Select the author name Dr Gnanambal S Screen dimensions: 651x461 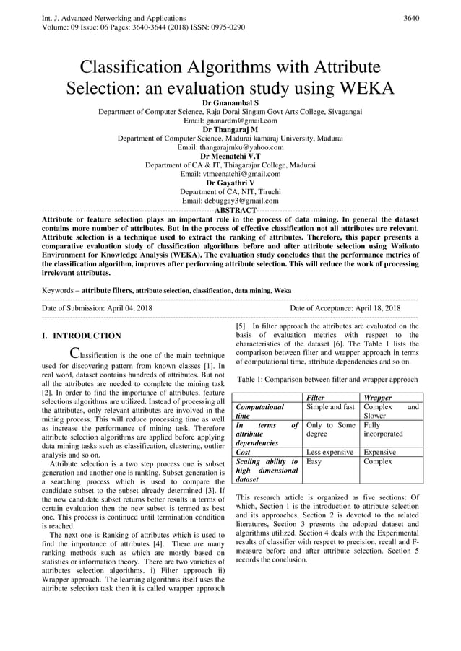(x=230, y=104)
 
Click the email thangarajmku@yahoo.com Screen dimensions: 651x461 (x=230, y=147)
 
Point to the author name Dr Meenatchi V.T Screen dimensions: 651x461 (x=230, y=156)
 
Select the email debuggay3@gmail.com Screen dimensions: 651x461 (x=230, y=201)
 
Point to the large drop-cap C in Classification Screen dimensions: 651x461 (x=74, y=353)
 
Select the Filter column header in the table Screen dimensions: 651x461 (x=316, y=398)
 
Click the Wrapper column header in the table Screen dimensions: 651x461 (x=378, y=398)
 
